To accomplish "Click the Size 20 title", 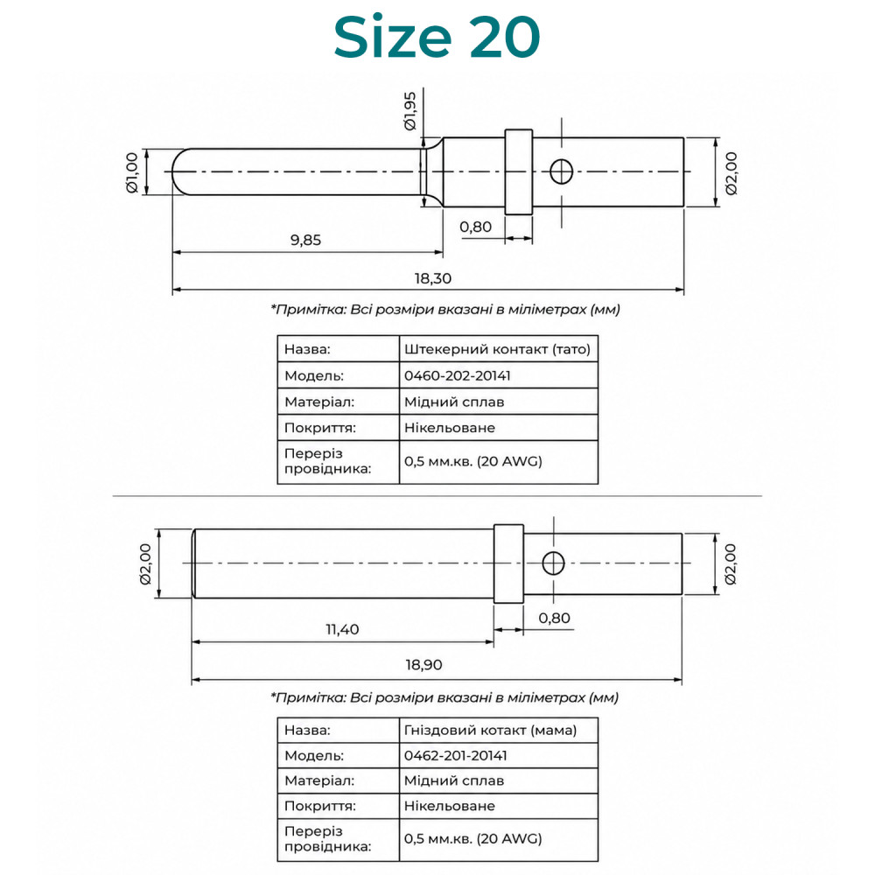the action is click(437, 37).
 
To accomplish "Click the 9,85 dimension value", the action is click(305, 240).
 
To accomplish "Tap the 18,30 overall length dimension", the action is click(432, 278).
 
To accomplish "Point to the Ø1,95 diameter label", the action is click(410, 111).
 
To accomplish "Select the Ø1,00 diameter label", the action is click(132, 172).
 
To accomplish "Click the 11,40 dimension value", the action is click(342, 629).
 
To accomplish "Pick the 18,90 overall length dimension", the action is click(423, 665).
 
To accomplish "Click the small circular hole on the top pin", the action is click(562, 171).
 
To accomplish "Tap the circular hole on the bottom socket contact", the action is click(553, 563).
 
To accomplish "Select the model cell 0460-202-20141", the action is click(457, 375).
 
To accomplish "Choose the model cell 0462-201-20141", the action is click(455, 756).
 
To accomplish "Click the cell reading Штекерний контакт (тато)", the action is click(497, 349).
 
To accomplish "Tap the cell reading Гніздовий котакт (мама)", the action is click(490, 730).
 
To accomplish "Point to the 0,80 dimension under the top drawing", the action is click(475, 227).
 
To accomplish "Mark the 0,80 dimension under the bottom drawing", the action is click(554, 619).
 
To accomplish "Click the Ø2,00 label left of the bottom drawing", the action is click(145, 563).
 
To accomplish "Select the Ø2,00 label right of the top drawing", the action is click(731, 173).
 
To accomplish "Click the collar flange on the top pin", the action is click(519, 171).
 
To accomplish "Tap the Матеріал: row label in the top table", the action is click(319, 402).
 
